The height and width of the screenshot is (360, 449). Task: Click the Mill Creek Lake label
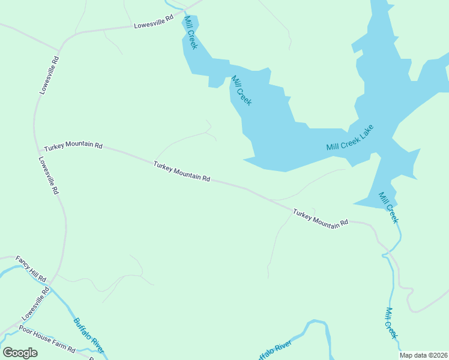click(350, 139)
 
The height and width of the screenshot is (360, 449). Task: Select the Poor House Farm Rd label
click(46, 339)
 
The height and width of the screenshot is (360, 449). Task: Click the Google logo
click(20, 352)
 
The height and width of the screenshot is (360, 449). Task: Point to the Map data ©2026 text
click(424, 355)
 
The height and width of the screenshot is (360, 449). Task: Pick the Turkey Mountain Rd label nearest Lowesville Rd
click(73, 146)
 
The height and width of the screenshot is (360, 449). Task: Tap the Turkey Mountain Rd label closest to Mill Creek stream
click(321, 217)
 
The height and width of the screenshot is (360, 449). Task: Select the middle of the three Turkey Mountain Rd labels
click(181, 171)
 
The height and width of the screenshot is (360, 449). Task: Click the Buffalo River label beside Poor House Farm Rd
click(89, 335)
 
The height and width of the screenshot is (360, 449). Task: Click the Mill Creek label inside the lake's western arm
click(241, 91)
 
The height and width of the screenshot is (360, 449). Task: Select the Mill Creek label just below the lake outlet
click(388, 208)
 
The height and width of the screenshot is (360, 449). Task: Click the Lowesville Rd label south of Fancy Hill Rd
click(35, 303)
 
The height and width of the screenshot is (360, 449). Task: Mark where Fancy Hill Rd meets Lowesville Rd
click(50, 281)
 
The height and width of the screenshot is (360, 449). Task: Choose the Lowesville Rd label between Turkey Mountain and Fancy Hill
click(48, 176)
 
